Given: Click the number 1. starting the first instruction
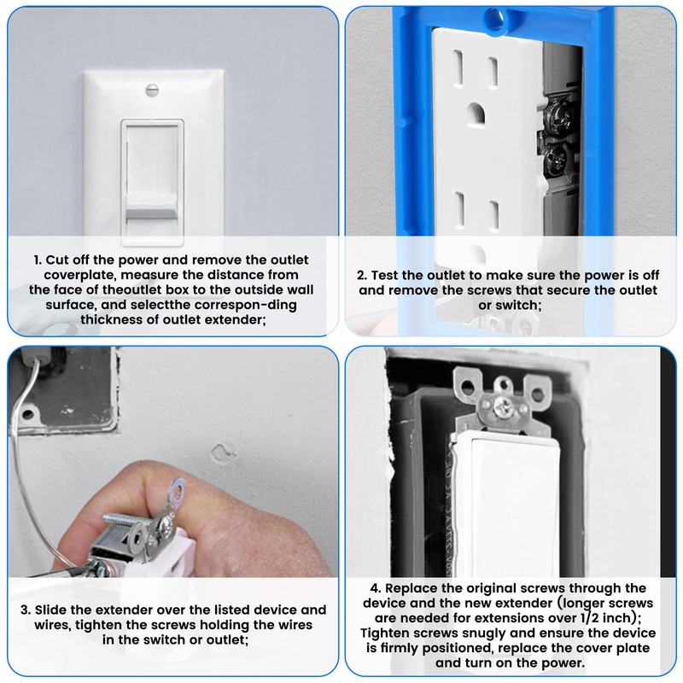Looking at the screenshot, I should (x=38, y=260).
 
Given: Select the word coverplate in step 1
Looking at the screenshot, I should (x=67, y=275).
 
